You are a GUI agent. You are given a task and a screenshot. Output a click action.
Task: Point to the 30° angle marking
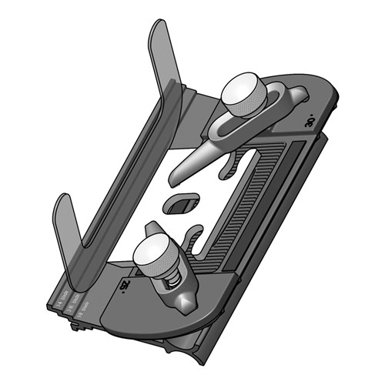point(307,120)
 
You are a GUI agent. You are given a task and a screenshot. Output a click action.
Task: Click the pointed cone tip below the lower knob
point(186,303)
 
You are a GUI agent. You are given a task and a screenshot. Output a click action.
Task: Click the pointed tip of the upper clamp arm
point(175,182)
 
